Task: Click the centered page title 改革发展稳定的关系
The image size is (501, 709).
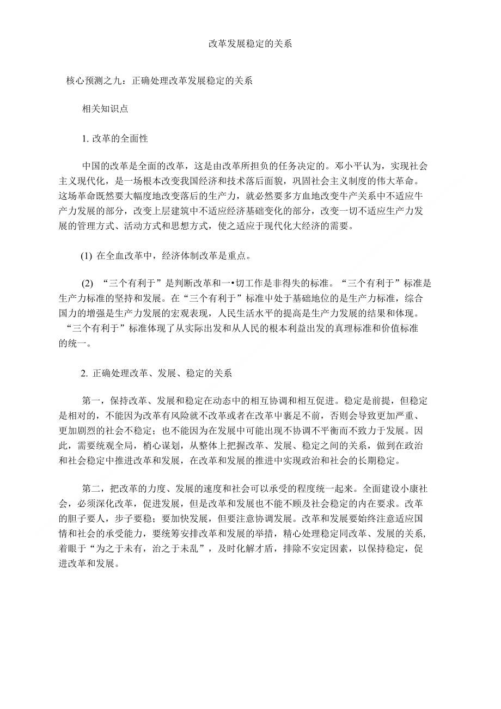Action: [x=250, y=44]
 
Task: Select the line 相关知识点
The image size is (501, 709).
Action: [x=105, y=108]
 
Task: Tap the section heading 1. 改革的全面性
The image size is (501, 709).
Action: [x=115, y=138]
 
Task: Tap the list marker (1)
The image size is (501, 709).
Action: [x=87, y=255]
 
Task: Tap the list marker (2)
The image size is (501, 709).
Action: [x=88, y=284]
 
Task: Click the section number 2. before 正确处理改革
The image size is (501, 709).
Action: [x=84, y=374]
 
